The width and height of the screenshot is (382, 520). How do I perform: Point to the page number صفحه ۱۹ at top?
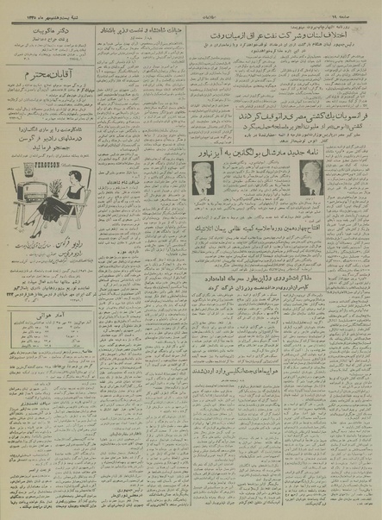click(354, 6)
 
